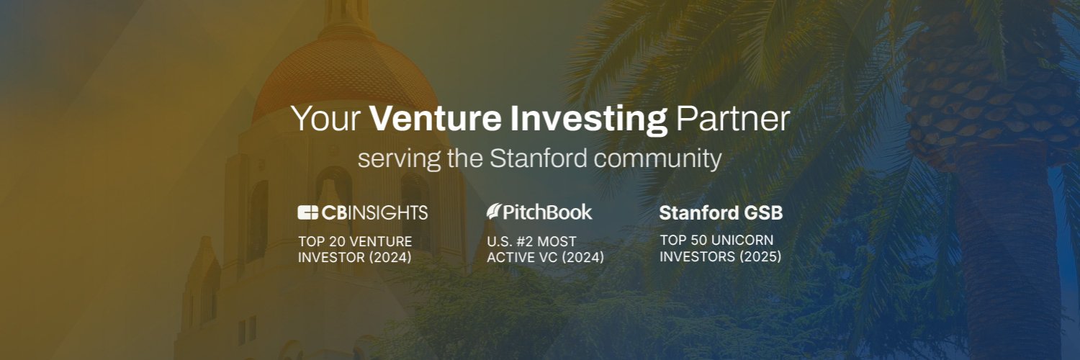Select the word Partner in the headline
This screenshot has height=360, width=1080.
point(732,119)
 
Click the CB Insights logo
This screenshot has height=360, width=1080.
point(363,212)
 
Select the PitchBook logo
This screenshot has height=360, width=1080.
point(539,212)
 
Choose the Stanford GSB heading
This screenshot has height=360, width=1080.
point(721,213)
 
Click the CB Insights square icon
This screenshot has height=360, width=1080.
point(307,212)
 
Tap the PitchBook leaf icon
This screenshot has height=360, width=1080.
point(494,212)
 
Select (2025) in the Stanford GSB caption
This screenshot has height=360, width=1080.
point(760,256)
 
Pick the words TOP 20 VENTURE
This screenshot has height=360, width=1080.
point(355,241)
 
